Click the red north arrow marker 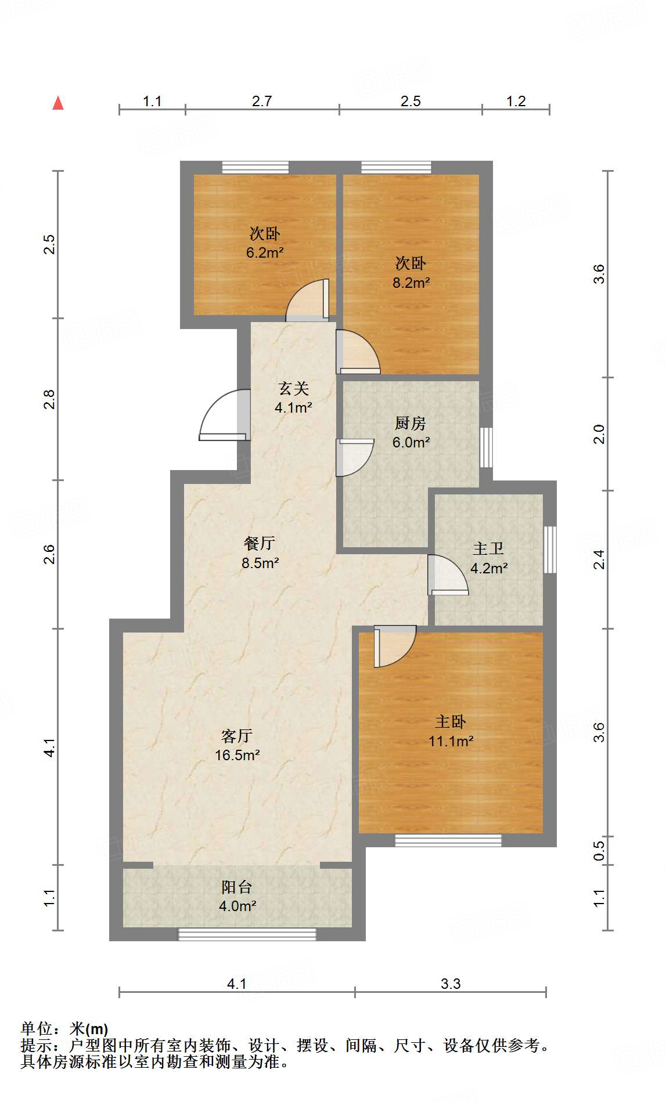[x=58, y=103]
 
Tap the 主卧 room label [x=451, y=721]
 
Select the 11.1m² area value [x=451, y=741]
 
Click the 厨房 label [x=411, y=423]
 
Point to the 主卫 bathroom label [x=488, y=548]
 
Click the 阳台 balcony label [x=237, y=887]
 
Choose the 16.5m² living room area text [x=237, y=755]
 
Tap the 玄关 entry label [x=293, y=388]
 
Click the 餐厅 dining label [x=260, y=543]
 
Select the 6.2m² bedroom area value [x=265, y=253]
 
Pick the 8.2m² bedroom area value [x=411, y=283]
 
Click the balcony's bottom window [x=247, y=934]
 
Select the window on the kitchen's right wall [x=486, y=447]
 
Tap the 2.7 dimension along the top [x=262, y=101]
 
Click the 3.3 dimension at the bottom [x=451, y=984]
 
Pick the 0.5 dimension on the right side [x=599, y=851]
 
